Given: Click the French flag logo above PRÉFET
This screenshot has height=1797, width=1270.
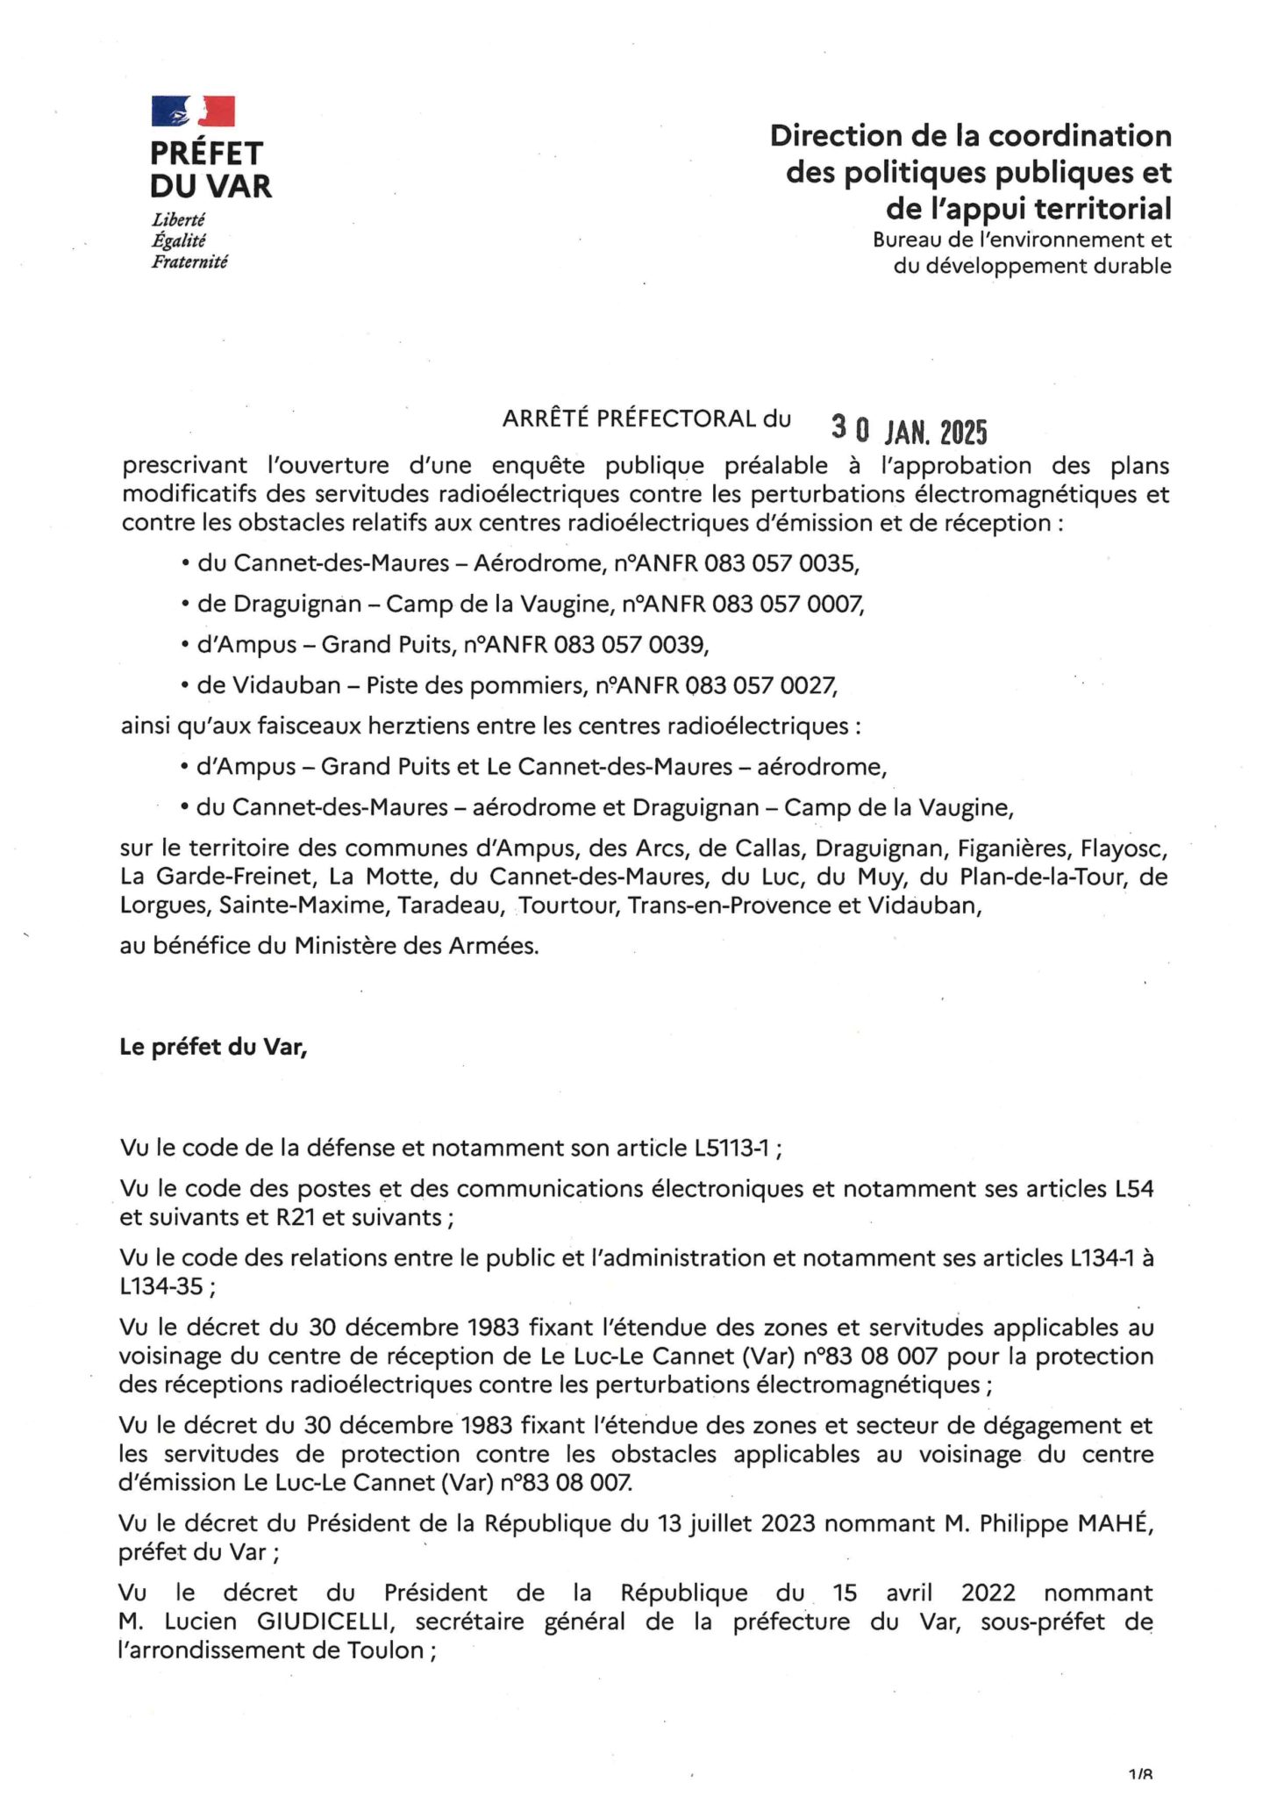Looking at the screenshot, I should point(193,111).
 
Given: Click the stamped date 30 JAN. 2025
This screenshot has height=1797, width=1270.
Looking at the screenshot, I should point(909,431).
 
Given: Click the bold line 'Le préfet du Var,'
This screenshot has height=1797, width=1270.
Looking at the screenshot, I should point(213,1047).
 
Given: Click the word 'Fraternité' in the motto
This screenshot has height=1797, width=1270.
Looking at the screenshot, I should point(189,261).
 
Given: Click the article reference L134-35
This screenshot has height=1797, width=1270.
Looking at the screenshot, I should point(161,1286).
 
